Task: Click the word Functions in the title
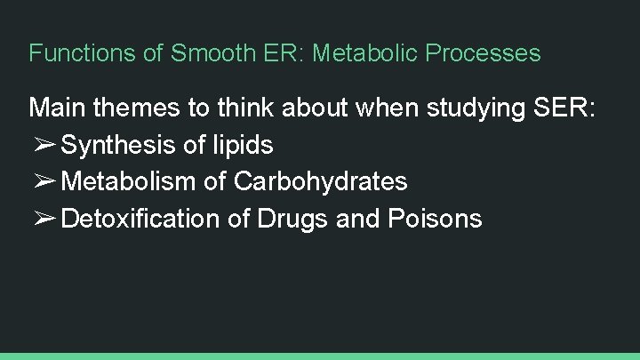(x=83, y=53)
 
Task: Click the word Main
(x=58, y=108)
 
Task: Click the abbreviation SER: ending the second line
(x=571, y=108)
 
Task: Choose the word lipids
(x=240, y=145)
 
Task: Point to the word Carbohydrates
(x=321, y=182)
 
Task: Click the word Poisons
(x=435, y=219)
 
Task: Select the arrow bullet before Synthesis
(x=44, y=145)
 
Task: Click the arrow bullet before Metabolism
(x=44, y=182)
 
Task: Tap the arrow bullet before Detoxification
(x=44, y=220)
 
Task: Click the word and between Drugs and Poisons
(x=359, y=219)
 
